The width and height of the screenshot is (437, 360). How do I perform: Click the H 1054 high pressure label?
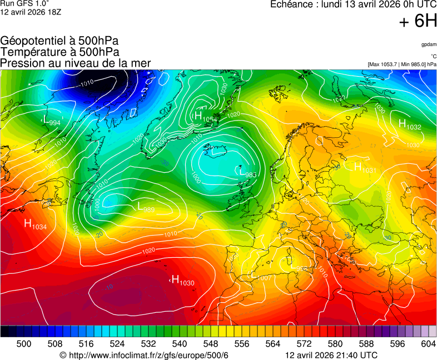(205, 116)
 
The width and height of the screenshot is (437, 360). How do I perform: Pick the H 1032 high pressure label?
(410, 125)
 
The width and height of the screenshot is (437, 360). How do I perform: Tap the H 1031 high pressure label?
(365, 167)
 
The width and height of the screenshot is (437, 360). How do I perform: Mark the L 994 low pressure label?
(52, 121)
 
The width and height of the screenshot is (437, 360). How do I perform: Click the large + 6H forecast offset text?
(418, 21)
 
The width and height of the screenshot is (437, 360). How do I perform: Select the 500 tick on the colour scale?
(24, 344)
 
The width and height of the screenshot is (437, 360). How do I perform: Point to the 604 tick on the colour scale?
(428, 344)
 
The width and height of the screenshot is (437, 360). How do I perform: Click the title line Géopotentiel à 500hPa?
(59, 41)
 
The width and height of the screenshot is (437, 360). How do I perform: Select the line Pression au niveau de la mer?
(75, 63)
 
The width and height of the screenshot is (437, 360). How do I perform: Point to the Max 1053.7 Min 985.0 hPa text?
(402, 64)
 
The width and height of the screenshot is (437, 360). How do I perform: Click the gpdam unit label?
(428, 44)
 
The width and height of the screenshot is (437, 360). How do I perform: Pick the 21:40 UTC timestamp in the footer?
(331, 355)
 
